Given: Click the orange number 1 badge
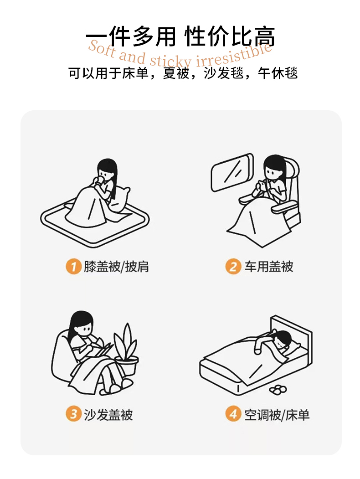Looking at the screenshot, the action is pos(73,267).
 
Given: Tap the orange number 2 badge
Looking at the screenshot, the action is pos(233,267).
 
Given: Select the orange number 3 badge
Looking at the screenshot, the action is pos(73,414).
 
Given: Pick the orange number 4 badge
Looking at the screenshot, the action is pos(233,414).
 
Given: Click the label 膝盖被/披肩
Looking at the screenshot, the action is pos(116,267).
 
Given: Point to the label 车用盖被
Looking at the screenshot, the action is pos(269,267).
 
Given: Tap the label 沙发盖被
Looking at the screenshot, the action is pos(108,415).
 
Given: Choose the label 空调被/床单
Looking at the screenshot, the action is pos(277,415).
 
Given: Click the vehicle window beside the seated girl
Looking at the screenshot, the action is pos(232,173).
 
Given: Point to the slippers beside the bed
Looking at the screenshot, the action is pos(278,390).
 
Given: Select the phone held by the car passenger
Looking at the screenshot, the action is pos(262,185).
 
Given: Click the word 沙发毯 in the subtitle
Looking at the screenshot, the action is pos(224,73).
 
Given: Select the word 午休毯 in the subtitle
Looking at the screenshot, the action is pos(278,73).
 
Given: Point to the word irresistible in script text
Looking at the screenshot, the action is pos(234,55).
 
